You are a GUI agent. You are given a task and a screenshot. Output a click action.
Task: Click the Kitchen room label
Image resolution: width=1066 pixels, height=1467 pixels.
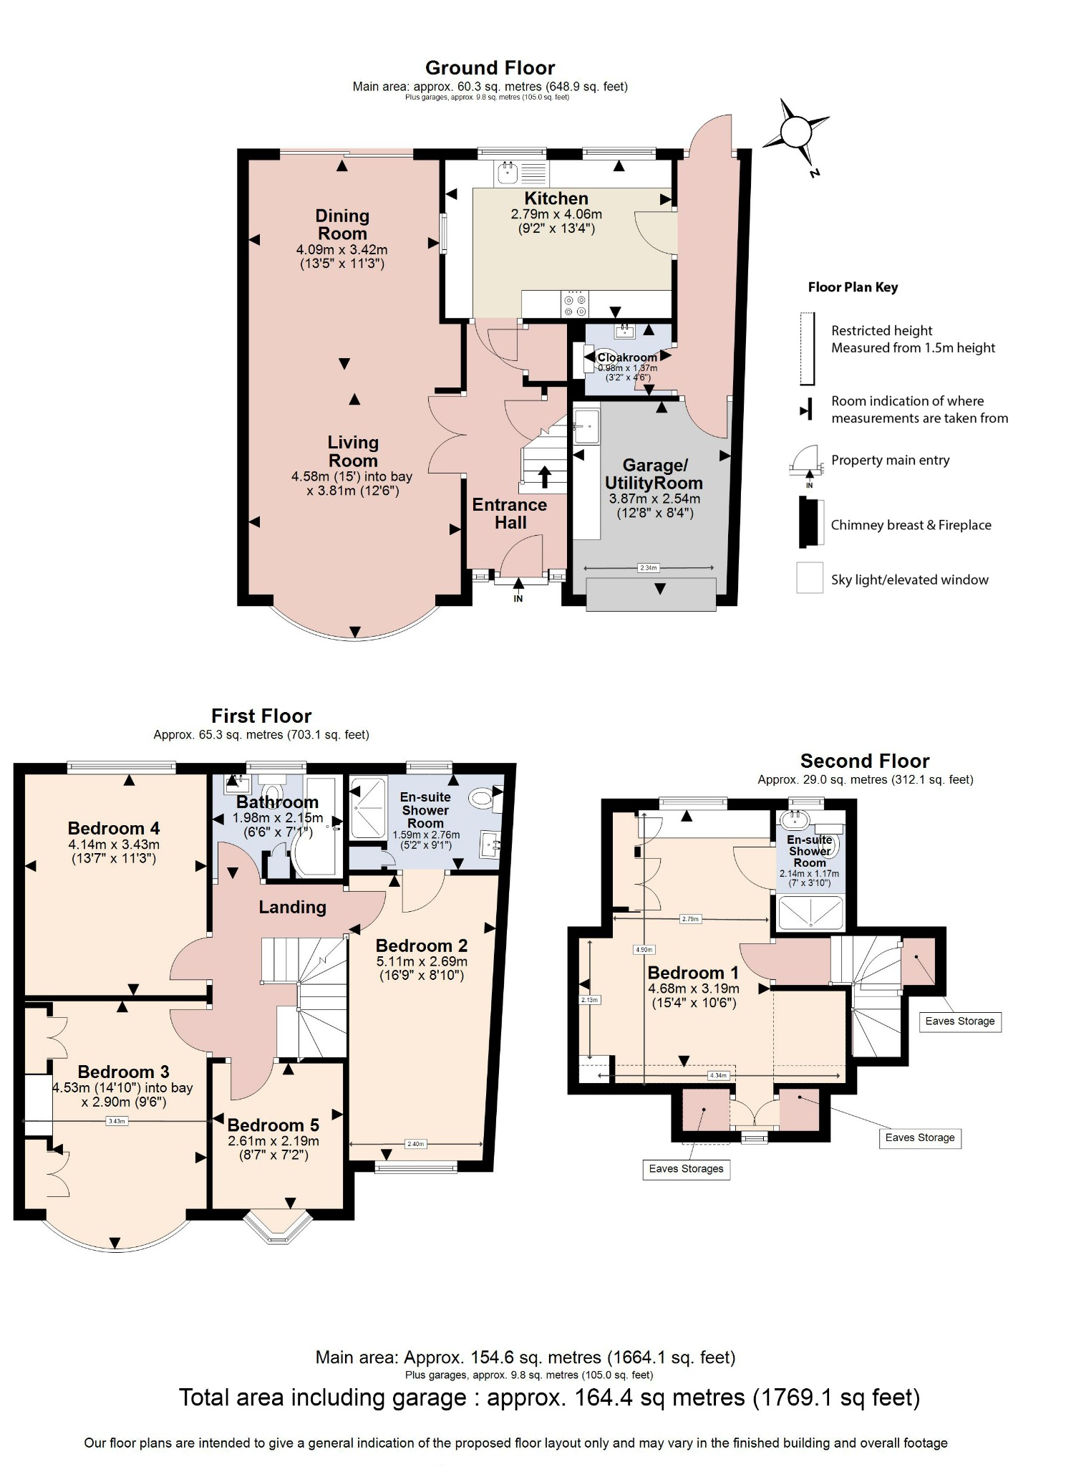(x=556, y=198)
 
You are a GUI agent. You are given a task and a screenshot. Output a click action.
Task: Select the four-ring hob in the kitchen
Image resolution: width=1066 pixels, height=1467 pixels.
(x=576, y=303)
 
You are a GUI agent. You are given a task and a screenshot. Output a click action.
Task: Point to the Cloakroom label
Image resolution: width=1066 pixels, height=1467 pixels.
(x=627, y=357)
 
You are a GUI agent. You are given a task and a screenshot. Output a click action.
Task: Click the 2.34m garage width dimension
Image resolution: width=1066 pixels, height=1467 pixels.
(x=648, y=568)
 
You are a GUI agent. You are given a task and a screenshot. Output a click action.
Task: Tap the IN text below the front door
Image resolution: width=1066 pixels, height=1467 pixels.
(x=518, y=599)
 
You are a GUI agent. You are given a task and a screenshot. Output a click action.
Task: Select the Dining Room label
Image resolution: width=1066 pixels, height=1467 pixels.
(x=342, y=224)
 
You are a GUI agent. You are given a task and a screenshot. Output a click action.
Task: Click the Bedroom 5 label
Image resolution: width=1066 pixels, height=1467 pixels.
(x=273, y=1125)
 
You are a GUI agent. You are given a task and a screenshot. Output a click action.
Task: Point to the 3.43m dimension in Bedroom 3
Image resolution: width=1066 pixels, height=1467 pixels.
(x=117, y=1121)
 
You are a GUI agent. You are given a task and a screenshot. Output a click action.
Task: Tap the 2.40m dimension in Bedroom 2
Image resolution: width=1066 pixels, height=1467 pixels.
(x=415, y=1144)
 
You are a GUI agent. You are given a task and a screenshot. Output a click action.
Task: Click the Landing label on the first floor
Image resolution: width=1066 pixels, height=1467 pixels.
(x=292, y=907)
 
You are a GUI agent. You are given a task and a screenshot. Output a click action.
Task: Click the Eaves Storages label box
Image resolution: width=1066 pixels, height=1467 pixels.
(x=686, y=1169)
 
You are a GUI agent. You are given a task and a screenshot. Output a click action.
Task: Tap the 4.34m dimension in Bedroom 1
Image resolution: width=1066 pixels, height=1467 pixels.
(x=717, y=1075)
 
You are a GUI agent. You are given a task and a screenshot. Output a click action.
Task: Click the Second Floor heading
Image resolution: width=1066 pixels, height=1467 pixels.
(x=864, y=761)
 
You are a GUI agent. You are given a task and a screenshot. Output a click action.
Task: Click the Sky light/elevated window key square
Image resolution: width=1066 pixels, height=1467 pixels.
(x=810, y=577)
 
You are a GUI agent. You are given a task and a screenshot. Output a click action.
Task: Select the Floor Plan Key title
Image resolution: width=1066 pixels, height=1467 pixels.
(x=852, y=287)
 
